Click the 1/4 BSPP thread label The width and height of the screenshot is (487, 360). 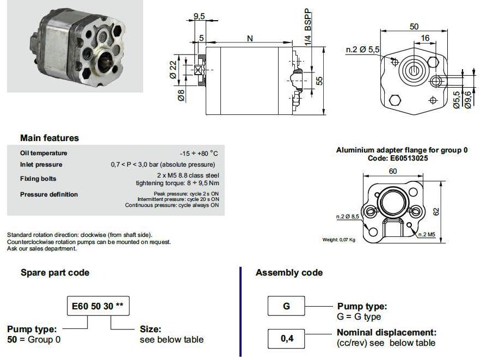pos(308,28)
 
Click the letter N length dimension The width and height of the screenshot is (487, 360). pos(250,38)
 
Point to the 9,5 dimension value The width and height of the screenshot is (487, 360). pos(199,16)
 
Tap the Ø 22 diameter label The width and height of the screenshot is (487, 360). pos(173,69)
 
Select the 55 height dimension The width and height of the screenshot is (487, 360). pos(319,81)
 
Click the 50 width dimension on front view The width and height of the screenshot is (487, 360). pos(414,27)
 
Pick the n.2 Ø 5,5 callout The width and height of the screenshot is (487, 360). pos(363,50)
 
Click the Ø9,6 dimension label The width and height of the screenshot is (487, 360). pos(468,99)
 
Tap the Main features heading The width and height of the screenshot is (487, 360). pos(50,138)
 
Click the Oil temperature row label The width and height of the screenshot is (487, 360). pos(44,153)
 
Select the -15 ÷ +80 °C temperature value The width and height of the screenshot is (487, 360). pos(199,153)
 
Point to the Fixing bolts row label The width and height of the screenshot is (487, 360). pos(38,179)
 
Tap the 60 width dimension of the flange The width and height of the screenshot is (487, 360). pos(393,172)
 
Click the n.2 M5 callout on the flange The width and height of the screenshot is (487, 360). pos(427,234)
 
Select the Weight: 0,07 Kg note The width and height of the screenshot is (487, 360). pos(338,240)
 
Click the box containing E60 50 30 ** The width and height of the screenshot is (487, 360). pos(98,306)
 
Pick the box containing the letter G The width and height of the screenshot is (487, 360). pos(286,306)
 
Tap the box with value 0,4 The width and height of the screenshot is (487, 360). pos(286,339)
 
